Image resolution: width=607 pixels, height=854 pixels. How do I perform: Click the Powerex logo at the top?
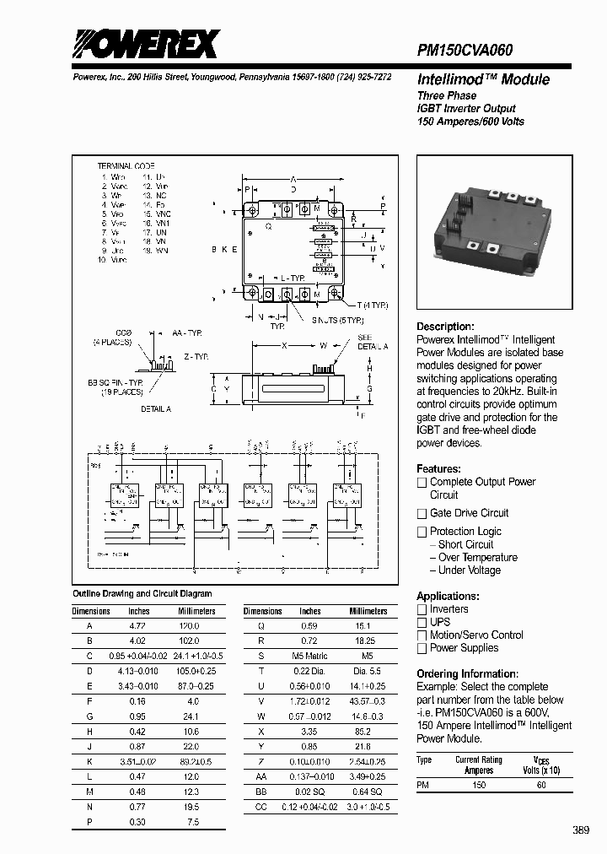click(x=145, y=44)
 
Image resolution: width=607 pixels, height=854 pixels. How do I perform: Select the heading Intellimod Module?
click(x=483, y=80)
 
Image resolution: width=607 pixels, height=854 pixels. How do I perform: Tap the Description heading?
click(x=445, y=327)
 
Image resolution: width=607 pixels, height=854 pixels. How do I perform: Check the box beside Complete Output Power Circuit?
click(x=422, y=483)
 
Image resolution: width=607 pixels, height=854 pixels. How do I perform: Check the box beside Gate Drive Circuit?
click(x=422, y=514)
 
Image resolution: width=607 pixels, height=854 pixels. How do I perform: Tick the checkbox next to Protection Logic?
click(x=422, y=532)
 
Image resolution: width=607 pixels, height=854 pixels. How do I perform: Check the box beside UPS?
click(x=422, y=623)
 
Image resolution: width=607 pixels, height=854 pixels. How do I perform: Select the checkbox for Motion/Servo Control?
click(x=422, y=635)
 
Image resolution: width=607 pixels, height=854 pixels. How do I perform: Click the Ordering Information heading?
click(x=467, y=673)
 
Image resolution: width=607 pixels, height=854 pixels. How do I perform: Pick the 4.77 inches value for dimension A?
click(x=138, y=626)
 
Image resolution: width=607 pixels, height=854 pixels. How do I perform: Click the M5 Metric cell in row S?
click(x=310, y=655)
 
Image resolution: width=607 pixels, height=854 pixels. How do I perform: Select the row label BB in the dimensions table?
click(x=262, y=792)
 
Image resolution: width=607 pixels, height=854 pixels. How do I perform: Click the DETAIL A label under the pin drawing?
click(x=155, y=408)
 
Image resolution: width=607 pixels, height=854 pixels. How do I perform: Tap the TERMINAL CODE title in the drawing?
click(x=126, y=166)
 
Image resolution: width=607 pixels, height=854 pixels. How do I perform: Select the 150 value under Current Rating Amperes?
click(x=479, y=785)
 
